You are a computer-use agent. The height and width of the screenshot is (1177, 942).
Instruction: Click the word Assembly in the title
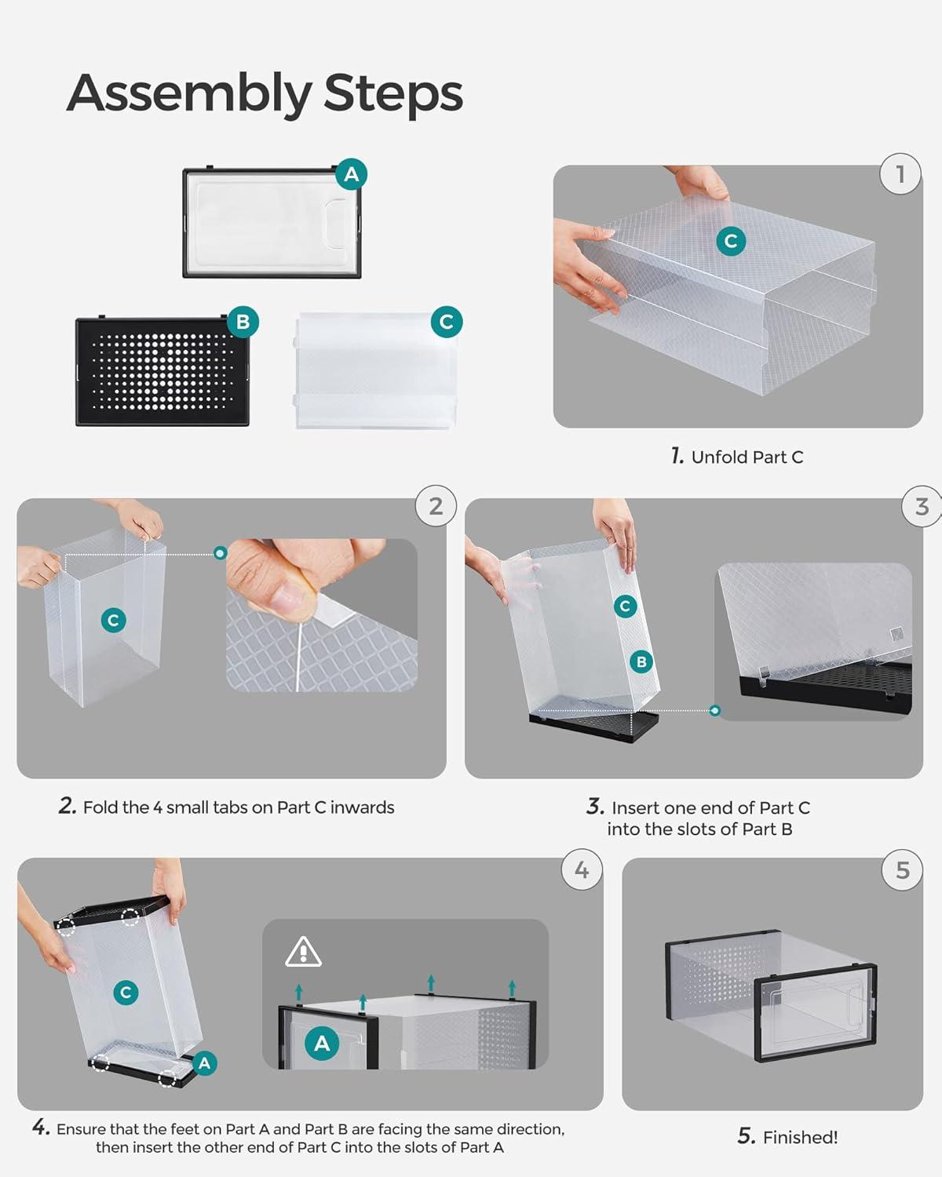(189, 94)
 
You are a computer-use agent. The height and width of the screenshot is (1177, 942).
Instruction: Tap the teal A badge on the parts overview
(351, 174)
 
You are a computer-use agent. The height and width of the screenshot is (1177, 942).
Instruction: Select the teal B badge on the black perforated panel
(243, 322)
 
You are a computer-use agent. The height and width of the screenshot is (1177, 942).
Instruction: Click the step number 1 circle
(900, 173)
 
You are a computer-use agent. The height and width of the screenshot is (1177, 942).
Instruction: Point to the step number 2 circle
(436, 506)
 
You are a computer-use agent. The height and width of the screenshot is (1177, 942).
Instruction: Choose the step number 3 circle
(922, 507)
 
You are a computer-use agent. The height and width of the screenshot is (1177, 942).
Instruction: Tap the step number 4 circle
(582, 870)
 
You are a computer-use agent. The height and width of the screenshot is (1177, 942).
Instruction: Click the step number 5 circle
(903, 870)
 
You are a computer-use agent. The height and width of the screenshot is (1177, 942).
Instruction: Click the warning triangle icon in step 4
(303, 952)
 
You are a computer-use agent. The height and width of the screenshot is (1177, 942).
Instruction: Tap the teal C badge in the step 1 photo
(731, 241)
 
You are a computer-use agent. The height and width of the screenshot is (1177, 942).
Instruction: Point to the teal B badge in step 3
(641, 661)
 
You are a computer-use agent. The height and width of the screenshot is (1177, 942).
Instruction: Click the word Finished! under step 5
(800, 1137)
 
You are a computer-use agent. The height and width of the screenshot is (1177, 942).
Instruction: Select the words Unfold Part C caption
(747, 457)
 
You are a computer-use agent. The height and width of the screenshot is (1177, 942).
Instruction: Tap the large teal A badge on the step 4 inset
(322, 1044)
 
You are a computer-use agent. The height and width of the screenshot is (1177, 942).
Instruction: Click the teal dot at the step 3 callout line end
(714, 710)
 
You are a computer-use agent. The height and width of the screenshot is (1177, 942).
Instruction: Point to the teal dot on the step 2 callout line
(221, 553)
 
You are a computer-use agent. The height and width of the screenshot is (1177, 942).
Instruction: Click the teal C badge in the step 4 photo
(125, 993)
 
